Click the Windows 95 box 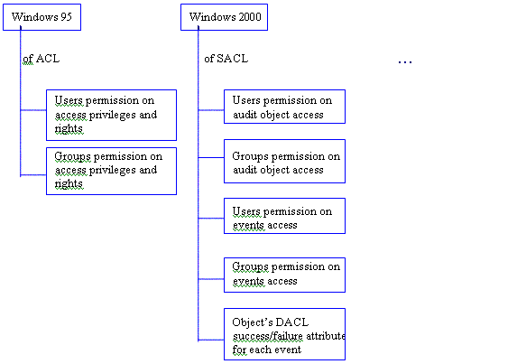[x=42, y=17]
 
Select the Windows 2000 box [x=224, y=17]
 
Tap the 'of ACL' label [x=42, y=59]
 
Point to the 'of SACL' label [x=226, y=59]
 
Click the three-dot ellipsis [x=405, y=61]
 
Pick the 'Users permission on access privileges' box [x=112, y=116]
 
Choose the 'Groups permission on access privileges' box [x=112, y=171]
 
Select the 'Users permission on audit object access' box [x=284, y=107]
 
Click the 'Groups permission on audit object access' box [x=284, y=161]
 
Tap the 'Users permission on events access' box [x=284, y=216]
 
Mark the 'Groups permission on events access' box [x=284, y=275]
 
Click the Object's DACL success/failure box [x=284, y=334]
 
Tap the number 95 [x=66, y=17]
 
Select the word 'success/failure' [x=268, y=336]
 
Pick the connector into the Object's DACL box [x=211, y=340]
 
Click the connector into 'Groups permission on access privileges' [x=33, y=174]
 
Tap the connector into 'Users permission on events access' [x=211, y=219]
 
